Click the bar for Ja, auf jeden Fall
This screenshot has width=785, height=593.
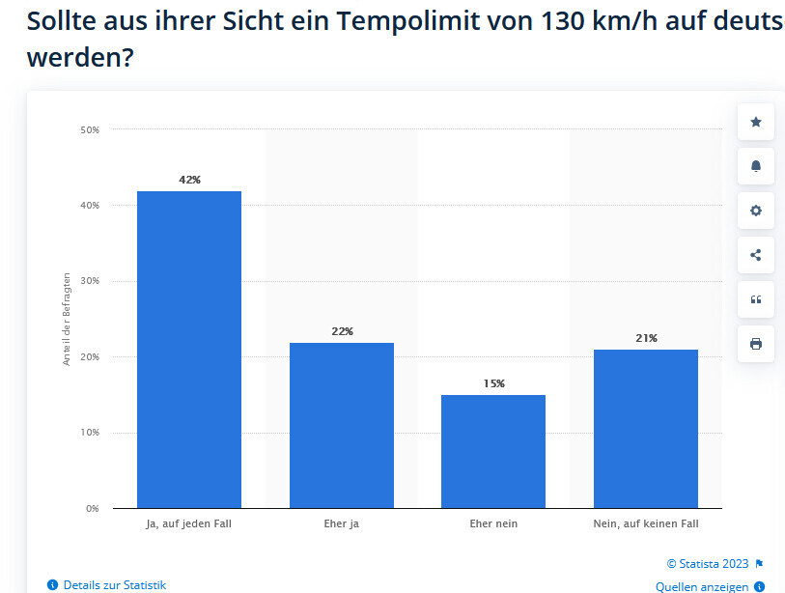pos(189,349)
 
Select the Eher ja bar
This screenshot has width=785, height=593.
pos(342,425)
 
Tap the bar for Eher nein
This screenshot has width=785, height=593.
pos(493,451)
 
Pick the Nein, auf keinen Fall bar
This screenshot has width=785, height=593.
pos(646,428)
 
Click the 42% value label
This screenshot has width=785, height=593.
pos(189,180)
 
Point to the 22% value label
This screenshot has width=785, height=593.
pos(342,331)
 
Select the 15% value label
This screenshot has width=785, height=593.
pos(493,383)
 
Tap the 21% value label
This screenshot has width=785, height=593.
pos(646,338)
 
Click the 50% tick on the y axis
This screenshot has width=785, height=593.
pos(90,129)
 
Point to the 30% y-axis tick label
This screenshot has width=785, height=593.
pos(90,281)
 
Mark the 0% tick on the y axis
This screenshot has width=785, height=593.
pos(93,508)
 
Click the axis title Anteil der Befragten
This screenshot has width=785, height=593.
pos(67,318)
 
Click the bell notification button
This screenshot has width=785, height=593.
pos(755,166)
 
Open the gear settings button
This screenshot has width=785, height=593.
pos(755,211)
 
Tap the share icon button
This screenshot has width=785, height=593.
pos(755,255)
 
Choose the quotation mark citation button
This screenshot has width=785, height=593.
pos(755,299)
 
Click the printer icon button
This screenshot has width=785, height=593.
pos(755,344)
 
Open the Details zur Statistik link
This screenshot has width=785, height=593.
pos(114,584)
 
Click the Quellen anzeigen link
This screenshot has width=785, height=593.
pos(702,586)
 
